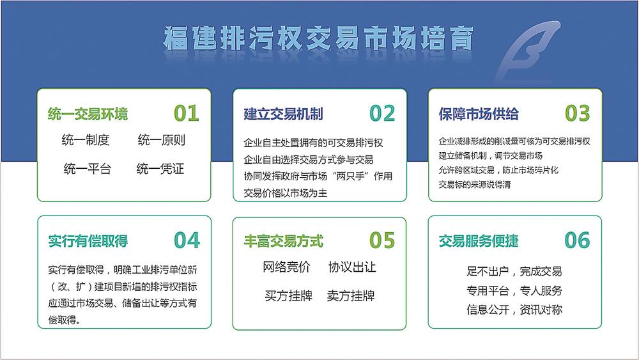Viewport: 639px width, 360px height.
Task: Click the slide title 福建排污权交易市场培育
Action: [x=318, y=39]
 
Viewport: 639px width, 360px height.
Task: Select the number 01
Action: [x=186, y=113]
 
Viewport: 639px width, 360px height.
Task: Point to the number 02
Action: [x=382, y=113]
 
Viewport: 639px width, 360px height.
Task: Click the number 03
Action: [x=577, y=113]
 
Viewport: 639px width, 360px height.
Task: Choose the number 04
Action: [x=187, y=240]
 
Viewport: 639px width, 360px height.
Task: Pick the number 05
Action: [x=382, y=240]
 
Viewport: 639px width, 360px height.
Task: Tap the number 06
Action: [x=577, y=240]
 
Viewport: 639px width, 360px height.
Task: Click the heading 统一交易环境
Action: [x=88, y=114]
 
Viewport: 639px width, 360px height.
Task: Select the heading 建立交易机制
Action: [x=283, y=114]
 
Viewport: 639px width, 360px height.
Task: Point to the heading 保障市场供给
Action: [x=479, y=114]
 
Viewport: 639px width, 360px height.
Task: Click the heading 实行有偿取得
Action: [x=88, y=241]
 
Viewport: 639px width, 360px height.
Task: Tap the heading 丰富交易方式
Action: [x=283, y=241]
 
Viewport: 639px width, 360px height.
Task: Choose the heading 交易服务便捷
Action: [x=479, y=241]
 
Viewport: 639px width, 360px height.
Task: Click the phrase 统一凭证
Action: [x=160, y=169]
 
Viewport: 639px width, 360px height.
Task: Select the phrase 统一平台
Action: [x=87, y=169]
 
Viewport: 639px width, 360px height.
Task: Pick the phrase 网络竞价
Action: [x=286, y=267]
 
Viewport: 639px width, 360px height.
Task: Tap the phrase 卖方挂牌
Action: [x=350, y=295]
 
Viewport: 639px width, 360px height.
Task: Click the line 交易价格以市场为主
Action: [x=285, y=193]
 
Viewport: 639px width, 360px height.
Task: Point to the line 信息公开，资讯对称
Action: [x=514, y=310]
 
